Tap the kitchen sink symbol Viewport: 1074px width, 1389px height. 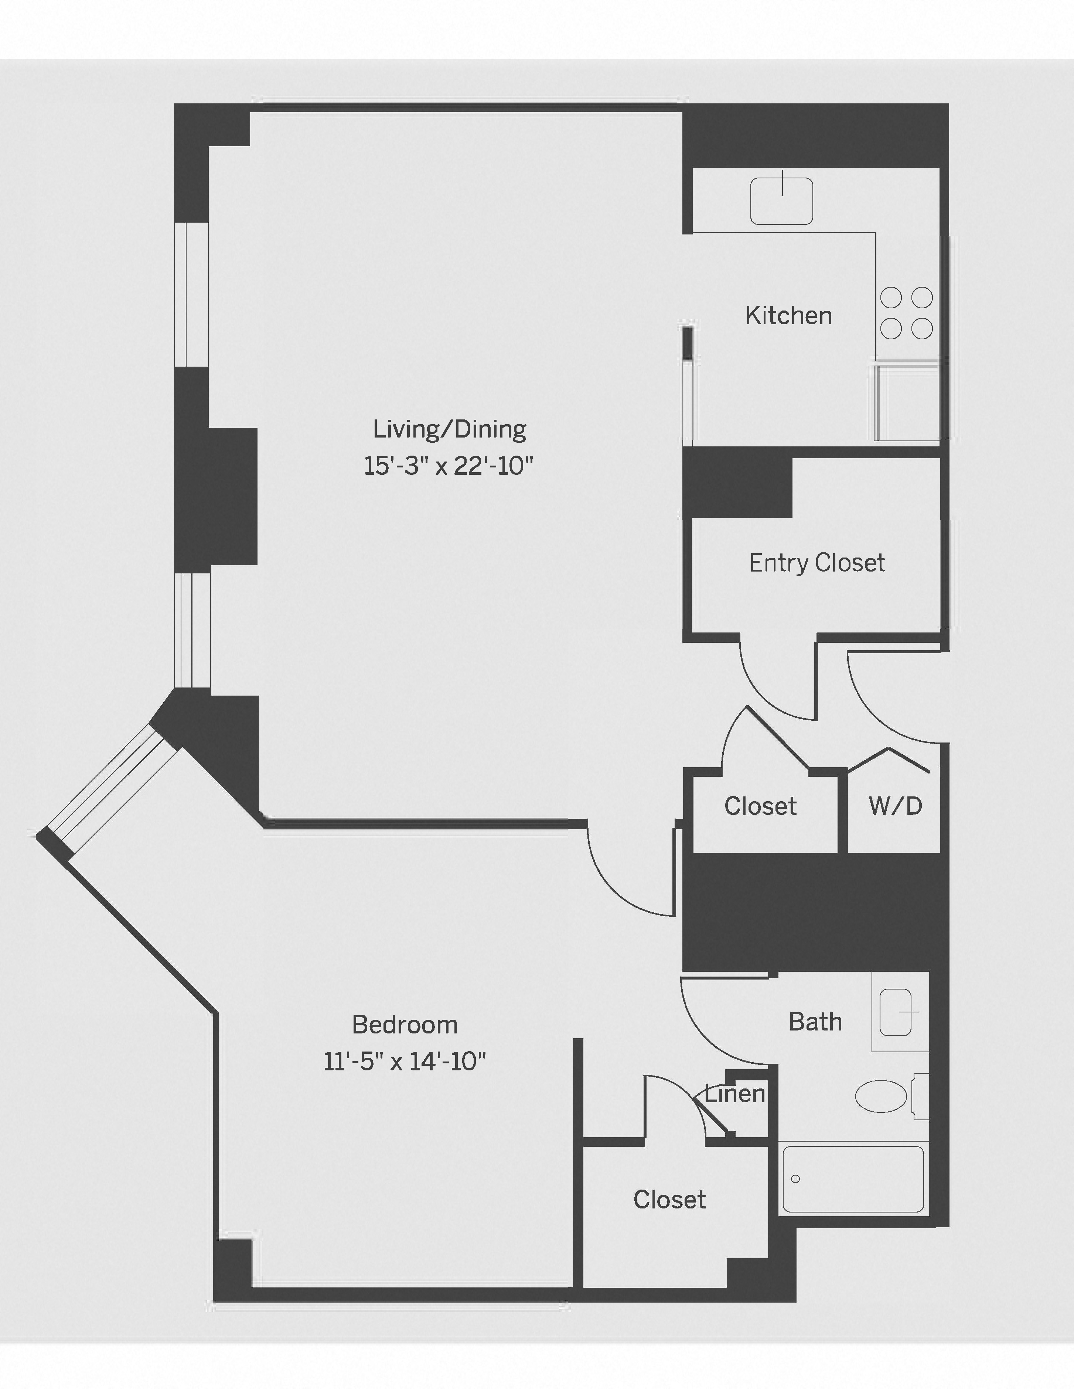click(781, 201)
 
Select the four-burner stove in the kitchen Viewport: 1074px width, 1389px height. click(906, 313)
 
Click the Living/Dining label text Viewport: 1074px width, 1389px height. click(449, 429)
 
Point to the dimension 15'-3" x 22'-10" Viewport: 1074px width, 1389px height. click(448, 466)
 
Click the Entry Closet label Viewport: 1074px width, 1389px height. click(816, 563)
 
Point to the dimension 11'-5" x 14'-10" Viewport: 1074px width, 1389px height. click(405, 1062)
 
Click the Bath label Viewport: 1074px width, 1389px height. click(815, 1022)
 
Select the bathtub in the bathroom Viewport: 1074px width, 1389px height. click(853, 1179)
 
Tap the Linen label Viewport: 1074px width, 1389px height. click(735, 1094)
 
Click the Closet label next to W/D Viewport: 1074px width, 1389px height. click(760, 806)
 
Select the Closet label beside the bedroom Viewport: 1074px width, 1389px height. click(669, 1200)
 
